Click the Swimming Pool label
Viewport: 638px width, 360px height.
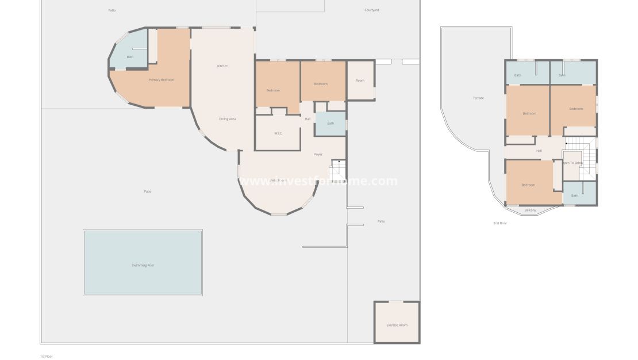pyautogui.click(x=143, y=265)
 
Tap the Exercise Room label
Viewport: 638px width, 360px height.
pyautogui.click(x=397, y=325)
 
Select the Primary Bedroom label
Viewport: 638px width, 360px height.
pyautogui.click(x=162, y=80)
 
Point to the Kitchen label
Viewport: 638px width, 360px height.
pyautogui.click(x=222, y=66)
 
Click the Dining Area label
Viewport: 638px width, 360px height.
pyautogui.click(x=228, y=119)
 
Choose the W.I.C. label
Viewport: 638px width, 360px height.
pyautogui.click(x=278, y=133)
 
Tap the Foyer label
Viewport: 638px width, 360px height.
pyautogui.click(x=318, y=155)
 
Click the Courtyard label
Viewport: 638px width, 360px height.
pyautogui.click(x=372, y=10)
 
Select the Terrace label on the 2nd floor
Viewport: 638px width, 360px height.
pyautogui.click(x=478, y=98)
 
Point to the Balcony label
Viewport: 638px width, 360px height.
pyautogui.click(x=530, y=210)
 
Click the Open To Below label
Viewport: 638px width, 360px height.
pyautogui.click(x=572, y=163)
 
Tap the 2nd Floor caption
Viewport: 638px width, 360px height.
pyautogui.click(x=500, y=223)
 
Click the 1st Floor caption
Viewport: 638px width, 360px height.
pyautogui.click(x=47, y=356)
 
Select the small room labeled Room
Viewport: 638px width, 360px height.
pyautogui.click(x=360, y=81)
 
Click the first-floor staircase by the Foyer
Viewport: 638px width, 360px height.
pyautogui.click(x=337, y=171)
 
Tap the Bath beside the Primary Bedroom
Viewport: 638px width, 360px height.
pyautogui.click(x=130, y=57)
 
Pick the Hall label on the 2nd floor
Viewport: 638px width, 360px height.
pyautogui.click(x=539, y=151)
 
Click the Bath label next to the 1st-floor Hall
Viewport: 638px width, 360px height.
pyautogui.click(x=330, y=124)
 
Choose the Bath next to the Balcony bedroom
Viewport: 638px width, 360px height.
pyautogui.click(x=575, y=196)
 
